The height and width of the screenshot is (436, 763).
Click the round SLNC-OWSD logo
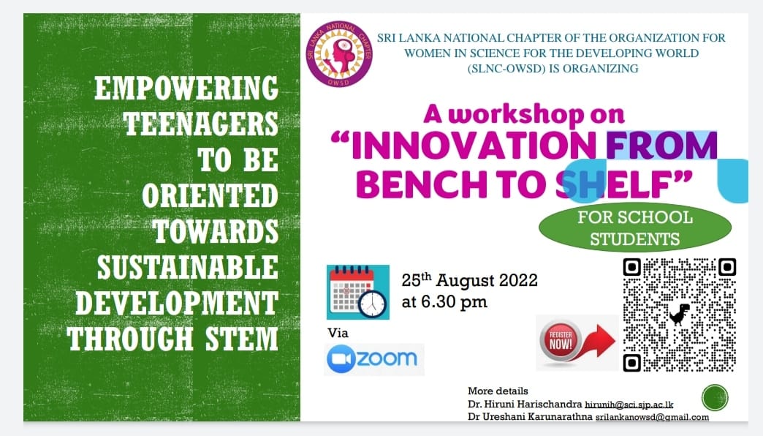339,54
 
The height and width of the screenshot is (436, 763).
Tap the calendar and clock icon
358,293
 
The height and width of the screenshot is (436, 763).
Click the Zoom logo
373,359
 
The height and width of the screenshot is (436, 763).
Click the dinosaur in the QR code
679,315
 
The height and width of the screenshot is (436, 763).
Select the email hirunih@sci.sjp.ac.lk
629,405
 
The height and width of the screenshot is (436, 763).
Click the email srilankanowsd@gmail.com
652,417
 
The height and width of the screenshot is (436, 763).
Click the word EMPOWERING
186,89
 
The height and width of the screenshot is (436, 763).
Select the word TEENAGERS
201,124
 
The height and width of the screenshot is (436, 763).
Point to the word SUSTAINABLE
188,268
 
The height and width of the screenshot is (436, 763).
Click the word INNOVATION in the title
473,146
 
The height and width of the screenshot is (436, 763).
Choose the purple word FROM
662,146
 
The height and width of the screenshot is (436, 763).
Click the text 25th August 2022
470,280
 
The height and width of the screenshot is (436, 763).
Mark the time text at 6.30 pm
444,302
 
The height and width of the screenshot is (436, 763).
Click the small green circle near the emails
715,397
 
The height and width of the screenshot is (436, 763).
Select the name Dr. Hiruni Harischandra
525,405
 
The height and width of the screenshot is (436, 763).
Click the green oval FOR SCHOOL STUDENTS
635,228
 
